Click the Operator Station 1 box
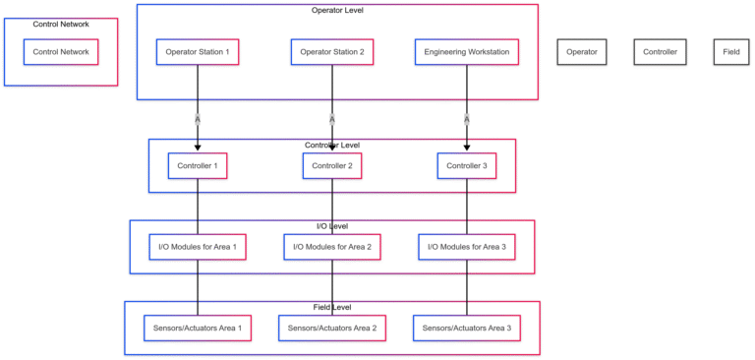pos(198,52)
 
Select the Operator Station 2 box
pos(332,52)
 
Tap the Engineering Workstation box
pos(467,52)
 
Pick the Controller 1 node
pos(198,166)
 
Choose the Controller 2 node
pos(332,166)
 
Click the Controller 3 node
pos(467,166)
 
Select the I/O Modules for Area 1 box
pos(198,247)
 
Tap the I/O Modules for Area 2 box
pos(332,247)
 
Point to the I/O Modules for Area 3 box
pos(467,247)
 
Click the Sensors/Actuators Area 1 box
pos(198,328)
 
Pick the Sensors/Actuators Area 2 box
pos(332,328)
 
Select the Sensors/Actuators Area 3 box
pos(467,328)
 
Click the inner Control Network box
pos(61,52)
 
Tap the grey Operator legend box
pos(581,52)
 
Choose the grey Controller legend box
pos(661,52)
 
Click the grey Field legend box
pos(731,52)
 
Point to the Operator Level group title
pos(337,11)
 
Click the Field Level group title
pos(332,308)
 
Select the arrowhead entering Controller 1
pos(198,148)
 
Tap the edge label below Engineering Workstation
pos(467,119)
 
